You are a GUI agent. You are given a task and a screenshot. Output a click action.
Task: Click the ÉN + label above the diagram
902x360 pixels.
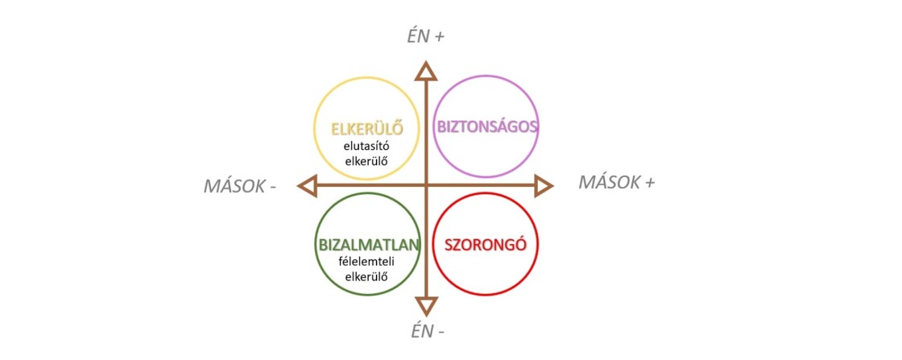(425, 35)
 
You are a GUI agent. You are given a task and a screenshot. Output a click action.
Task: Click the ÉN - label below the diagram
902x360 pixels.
(425, 332)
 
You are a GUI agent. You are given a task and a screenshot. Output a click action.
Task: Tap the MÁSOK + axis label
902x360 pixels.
(617, 182)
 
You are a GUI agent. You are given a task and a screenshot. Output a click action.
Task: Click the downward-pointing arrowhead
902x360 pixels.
(426, 306)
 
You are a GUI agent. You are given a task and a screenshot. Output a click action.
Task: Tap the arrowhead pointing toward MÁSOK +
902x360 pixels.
(544, 186)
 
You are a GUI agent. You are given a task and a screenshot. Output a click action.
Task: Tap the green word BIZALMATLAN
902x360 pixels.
(368, 244)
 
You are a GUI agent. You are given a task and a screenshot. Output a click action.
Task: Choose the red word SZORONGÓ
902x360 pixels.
(486, 244)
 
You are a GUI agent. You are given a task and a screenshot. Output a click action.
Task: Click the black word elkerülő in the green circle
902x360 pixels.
(366, 276)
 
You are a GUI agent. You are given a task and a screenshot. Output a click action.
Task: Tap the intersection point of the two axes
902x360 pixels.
(426, 186)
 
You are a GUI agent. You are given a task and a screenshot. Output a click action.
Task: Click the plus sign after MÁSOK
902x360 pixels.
(649, 183)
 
